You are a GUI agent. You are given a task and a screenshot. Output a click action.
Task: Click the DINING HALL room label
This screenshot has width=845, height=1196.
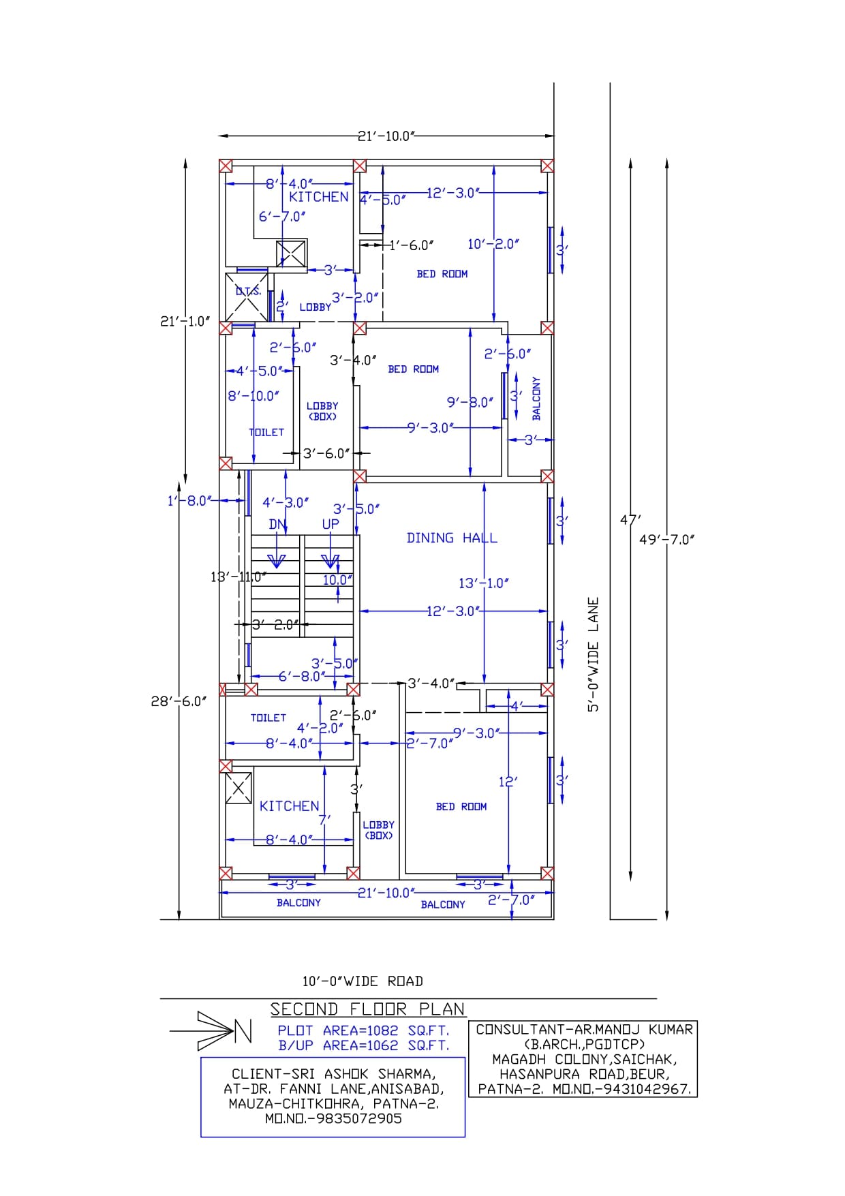pos(452,538)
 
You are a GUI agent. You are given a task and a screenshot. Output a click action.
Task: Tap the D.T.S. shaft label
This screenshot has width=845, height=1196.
pos(248,291)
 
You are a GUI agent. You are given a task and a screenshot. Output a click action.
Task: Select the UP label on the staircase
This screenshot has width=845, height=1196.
pos(331,524)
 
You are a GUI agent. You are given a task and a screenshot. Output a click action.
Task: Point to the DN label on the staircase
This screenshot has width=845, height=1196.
pos(277,524)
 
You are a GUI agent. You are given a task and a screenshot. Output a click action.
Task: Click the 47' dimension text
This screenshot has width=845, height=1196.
pos(630,520)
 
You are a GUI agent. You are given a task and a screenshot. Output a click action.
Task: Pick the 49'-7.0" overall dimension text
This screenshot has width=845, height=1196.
pos(667,540)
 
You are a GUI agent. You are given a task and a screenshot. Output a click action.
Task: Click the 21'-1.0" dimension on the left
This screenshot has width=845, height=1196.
pos(185,322)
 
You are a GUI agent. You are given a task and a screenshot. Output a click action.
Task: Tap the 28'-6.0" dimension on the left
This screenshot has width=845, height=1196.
pos(179,701)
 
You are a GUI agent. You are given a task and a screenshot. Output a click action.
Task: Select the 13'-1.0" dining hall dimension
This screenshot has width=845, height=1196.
pos(484,583)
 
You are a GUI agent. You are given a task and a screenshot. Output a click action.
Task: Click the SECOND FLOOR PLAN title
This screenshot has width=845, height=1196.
pos(367,1009)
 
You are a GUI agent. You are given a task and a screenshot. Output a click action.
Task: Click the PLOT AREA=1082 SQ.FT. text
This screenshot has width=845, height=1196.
pos(363,1030)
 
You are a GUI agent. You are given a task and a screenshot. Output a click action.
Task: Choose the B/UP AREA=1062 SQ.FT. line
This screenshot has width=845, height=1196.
pos(363,1045)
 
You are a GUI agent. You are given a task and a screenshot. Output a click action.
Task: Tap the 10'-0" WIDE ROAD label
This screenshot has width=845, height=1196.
pos(363,981)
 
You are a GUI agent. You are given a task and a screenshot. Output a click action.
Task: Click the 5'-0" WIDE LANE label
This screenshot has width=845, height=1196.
pos(594,655)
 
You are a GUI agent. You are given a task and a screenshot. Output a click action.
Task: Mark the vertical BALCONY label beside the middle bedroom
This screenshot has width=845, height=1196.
pos(536,399)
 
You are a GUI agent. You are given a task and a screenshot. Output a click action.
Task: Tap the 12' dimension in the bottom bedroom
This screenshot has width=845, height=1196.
pos(508,782)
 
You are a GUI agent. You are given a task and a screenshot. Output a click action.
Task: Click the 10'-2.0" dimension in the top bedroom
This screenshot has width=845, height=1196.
pos(493,244)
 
